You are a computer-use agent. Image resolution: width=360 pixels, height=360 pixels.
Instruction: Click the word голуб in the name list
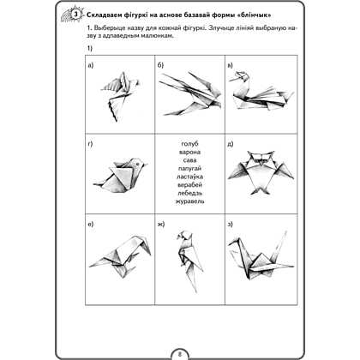click(x=189, y=144)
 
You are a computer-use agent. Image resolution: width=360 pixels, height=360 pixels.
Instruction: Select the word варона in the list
click(x=189, y=152)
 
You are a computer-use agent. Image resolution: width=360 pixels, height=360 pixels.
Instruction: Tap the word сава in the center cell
click(x=189, y=160)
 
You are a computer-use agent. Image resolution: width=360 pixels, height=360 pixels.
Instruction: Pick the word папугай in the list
click(x=189, y=169)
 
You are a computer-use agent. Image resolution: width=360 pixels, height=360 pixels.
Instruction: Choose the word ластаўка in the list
click(x=189, y=177)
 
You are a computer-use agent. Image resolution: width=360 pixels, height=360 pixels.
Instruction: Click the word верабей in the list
click(x=189, y=184)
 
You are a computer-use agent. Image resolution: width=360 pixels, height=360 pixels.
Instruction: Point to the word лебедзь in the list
click(x=189, y=193)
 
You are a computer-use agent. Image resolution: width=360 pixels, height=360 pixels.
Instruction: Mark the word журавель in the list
click(x=189, y=201)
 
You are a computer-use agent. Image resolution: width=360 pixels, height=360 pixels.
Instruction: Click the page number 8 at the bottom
click(x=179, y=354)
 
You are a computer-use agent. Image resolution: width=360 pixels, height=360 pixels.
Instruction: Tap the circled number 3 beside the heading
click(x=75, y=15)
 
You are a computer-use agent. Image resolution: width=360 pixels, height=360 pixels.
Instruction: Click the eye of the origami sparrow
click(x=138, y=164)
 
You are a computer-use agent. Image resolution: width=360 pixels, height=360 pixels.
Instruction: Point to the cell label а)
click(x=90, y=66)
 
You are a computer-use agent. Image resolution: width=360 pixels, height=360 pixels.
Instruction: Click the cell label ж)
click(x=161, y=225)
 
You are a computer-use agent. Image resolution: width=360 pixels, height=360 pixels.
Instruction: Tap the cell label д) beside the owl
click(x=231, y=144)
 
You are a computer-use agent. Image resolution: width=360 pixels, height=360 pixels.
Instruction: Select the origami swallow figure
click(x=189, y=93)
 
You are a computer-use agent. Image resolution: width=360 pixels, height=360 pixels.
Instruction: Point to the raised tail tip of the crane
click(x=286, y=231)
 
